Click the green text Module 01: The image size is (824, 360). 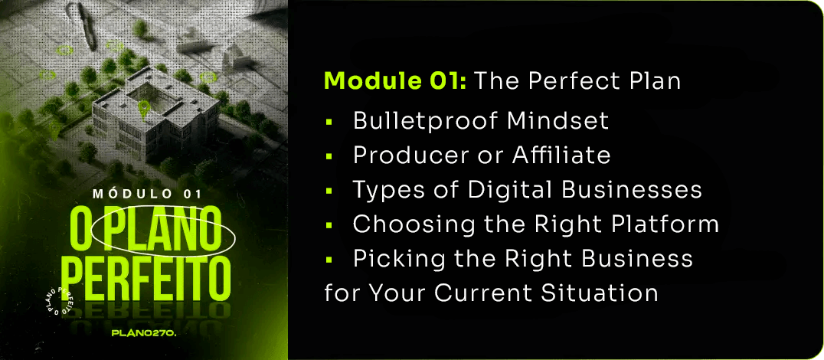(395, 81)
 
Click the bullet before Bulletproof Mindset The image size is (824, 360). (329, 122)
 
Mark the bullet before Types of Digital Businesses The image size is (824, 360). (329, 190)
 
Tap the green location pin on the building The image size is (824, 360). (143, 109)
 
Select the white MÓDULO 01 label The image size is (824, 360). (147, 194)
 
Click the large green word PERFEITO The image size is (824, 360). (150, 280)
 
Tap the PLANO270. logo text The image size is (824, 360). (144, 332)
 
